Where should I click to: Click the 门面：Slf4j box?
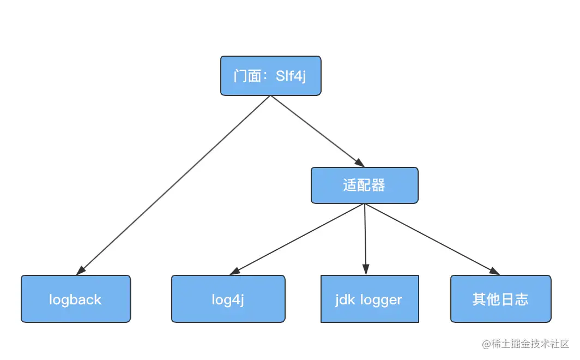pos(270,76)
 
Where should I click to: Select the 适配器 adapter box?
pos(364,185)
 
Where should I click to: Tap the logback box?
pos(76,299)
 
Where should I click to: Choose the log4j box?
pos(228,299)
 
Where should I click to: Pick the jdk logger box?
pos(369,299)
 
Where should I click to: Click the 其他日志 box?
pos(500,299)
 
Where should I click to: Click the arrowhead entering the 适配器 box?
pos(360,163)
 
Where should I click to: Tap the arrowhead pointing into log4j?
pos(234,271)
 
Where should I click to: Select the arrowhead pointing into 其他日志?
pos(495,272)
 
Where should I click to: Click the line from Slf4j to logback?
pos(174,184)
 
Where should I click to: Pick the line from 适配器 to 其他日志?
pos(431,238)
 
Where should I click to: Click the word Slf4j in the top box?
pos(291,76)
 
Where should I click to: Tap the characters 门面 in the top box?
pos(247,76)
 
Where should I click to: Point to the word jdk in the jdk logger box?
pos(344,299)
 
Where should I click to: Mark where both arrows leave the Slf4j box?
pos(270,97)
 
